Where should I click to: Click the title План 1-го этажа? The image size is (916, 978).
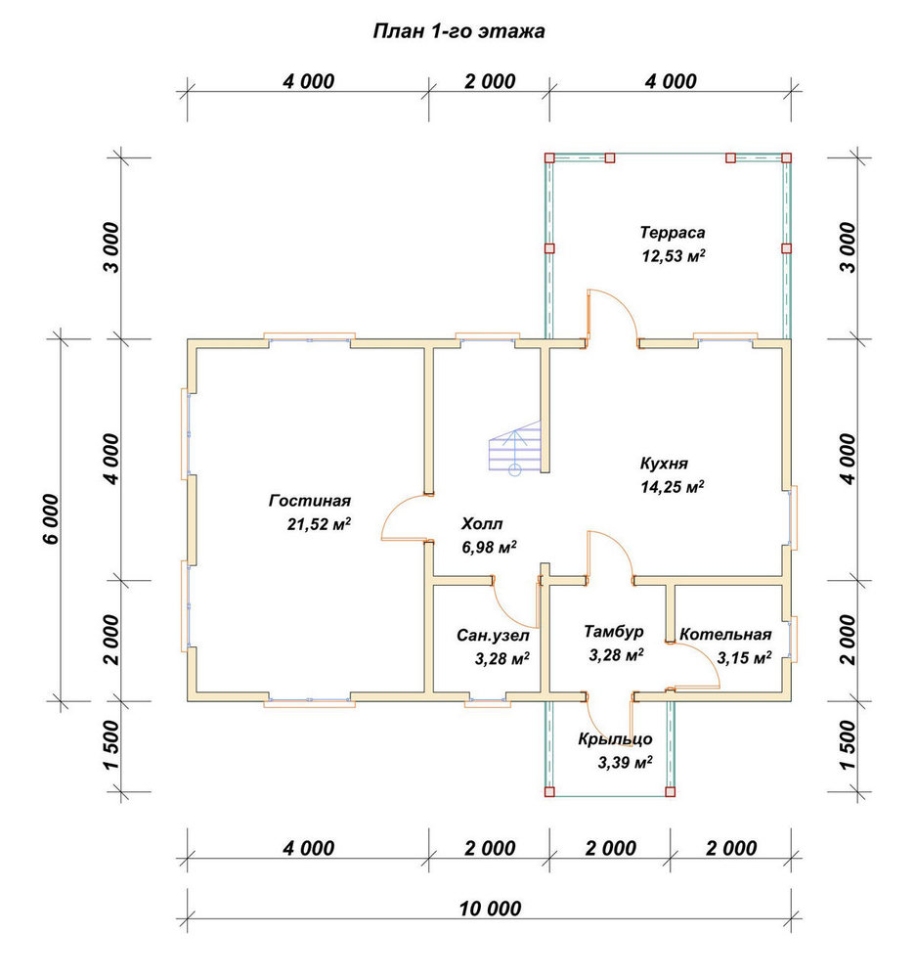click(x=458, y=31)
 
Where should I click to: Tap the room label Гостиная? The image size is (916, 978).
click(x=310, y=500)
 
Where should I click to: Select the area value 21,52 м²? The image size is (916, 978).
click(x=319, y=524)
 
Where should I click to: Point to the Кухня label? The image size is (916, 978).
click(x=664, y=464)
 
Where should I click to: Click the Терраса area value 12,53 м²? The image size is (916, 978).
click(x=674, y=255)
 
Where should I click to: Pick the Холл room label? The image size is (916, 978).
click(x=481, y=523)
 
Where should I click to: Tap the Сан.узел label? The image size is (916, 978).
click(x=493, y=635)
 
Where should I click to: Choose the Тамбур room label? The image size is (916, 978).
click(x=614, y=632)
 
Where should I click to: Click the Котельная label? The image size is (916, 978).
click(x=725, y=635)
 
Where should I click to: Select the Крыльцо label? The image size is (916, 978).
click(x=615, y=739)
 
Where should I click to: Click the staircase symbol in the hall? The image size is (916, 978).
click(x=515, y=448)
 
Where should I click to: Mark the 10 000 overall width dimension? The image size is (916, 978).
click(x=490, y=909)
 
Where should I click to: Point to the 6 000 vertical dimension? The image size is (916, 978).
click(x=52, y=518)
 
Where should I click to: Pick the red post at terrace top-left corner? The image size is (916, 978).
click(x=549, y=157)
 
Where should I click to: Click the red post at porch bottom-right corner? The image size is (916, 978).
click(x=671, y=792)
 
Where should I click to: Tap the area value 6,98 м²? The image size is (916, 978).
click(x=488, y=547)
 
